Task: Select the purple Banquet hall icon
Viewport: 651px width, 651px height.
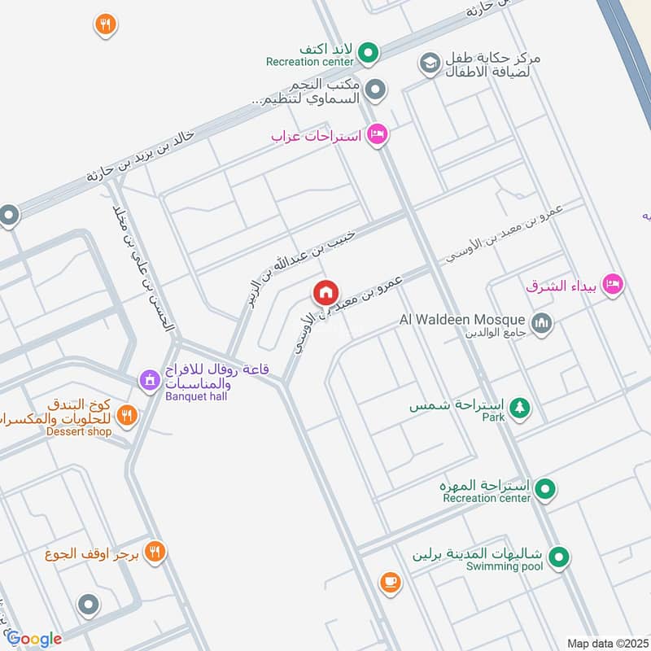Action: tap(149, 379)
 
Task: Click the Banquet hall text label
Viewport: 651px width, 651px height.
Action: tap(195, 396)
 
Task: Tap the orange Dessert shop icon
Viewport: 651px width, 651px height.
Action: tap(126, 416)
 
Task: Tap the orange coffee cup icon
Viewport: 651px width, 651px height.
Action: tap(390, 581)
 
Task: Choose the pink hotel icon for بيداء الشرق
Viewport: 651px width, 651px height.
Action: tap(614, 284)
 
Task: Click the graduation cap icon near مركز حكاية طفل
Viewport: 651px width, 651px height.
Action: tap(429, 62)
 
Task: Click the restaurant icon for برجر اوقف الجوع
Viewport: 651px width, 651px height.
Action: tap(155, 553)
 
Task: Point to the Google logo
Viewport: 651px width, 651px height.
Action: tap(34, 639)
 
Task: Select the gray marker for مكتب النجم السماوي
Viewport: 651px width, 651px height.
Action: tap(374, 90)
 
